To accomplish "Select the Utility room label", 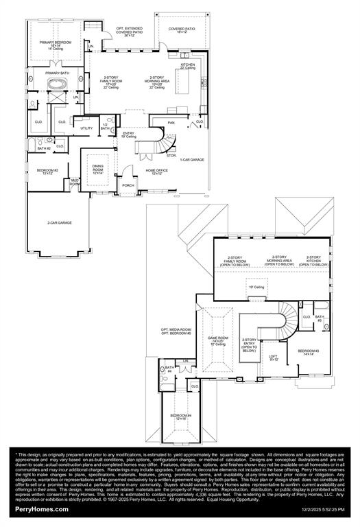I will pyautogui.click(x=86, y=128).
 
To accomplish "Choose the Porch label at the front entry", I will pyautogui.click(x=128, y=185).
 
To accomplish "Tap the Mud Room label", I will pyautogui.click(x=75, y=182).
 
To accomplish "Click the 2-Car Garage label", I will pyautogui.click(x=60, y=223).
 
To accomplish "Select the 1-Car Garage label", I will pyautogui.click(x=193, y=159).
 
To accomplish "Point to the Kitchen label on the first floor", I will pyautogui.click(x=188, y=66).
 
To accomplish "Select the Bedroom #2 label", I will pyautogui.click(x=47, y=172).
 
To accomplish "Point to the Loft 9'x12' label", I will pyautogui.click(x=273, y=358).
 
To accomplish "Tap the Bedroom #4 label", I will pyautogui.click(x=181, y=417).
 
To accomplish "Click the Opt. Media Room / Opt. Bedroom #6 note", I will pyautogui.click(x=176, y=332).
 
